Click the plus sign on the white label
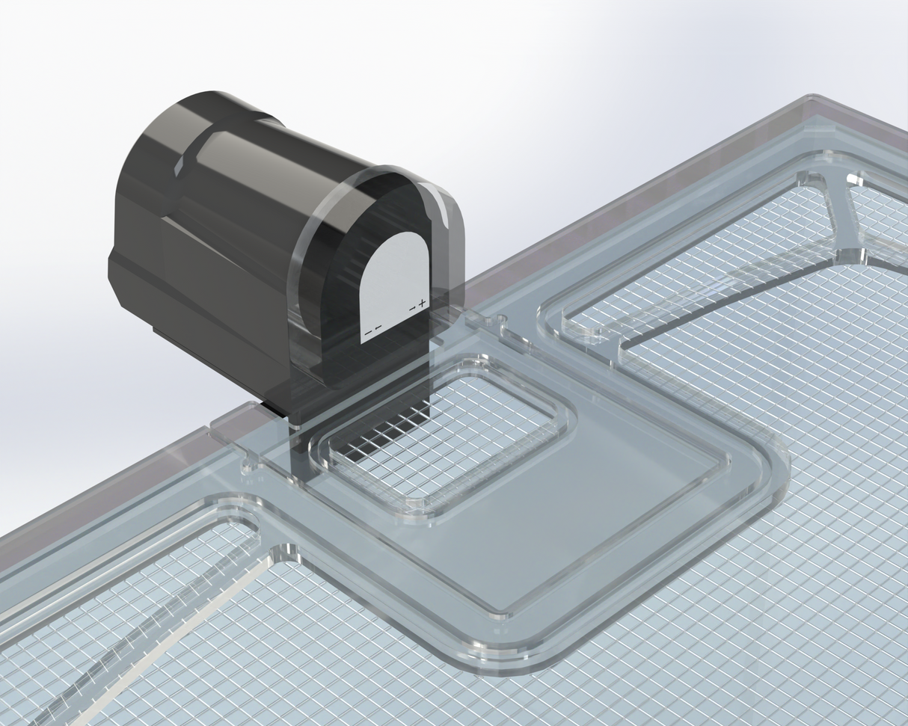pos(422,303)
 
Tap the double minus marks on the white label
pos(373,328)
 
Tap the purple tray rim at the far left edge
pos(45,523)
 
